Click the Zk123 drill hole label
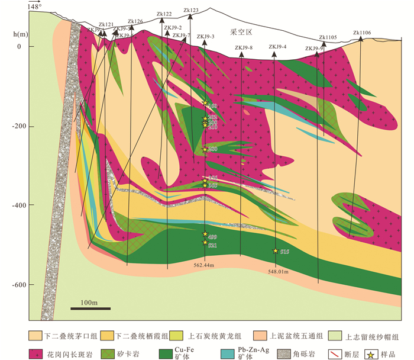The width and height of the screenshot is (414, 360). pos(191,10)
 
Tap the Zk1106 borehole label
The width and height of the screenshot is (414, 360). pos(361,33)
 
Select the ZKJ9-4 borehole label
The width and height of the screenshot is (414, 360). pos(277,47)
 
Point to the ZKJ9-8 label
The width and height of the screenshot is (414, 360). pos(244,48)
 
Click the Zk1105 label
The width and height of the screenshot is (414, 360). pos(328,37)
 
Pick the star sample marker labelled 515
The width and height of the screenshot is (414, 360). pos(275,251)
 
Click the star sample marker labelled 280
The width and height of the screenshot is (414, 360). pos(205,149)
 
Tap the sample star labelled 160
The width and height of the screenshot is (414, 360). pos(205,104)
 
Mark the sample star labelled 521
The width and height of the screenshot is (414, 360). pos(205,242)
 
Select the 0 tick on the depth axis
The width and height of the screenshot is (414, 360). pos(18,46)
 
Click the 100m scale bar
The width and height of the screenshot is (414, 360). pos(88,307)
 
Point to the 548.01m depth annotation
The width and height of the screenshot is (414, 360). pos(277,272)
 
